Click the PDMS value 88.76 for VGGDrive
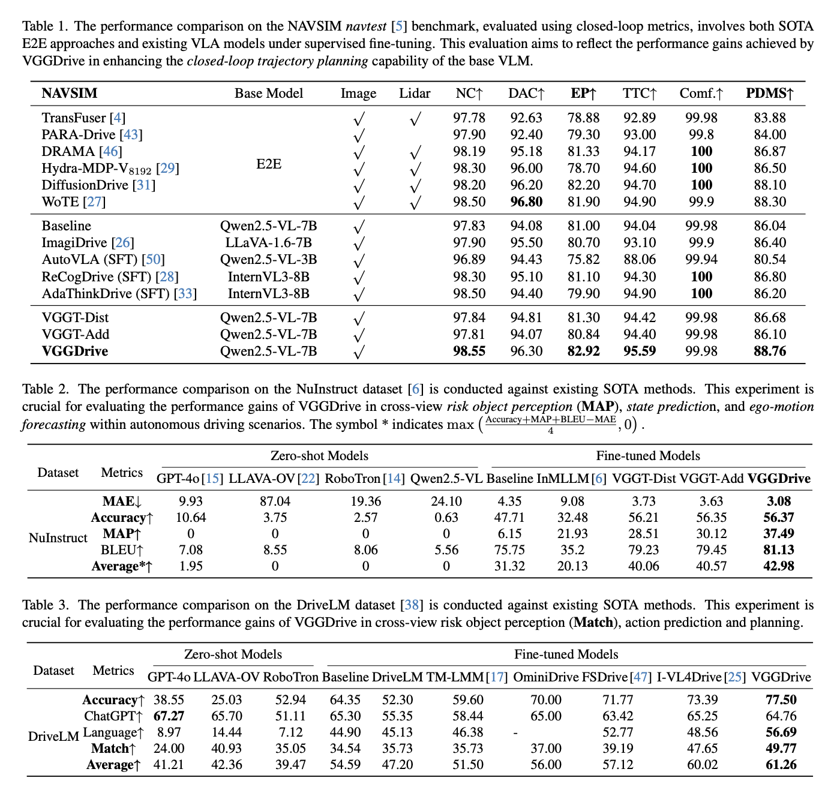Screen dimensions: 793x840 click(x=770, y=352)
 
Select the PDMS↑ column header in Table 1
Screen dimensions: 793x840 click(x=770, y=94)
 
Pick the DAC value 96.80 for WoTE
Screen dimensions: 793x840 click(x=526, y=202)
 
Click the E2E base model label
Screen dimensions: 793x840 click(x=268, y=164)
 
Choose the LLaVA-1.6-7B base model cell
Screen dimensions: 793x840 click(x=268, y=243)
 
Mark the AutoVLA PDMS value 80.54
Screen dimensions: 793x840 click(x=770, y=260)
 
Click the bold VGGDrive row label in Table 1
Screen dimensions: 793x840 click(x=75, y=352)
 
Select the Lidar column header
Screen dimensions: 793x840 click(x=415, y=94)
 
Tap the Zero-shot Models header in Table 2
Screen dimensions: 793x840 click(x=319, y=456)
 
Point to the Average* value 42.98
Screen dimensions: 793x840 click(x=779, y=566)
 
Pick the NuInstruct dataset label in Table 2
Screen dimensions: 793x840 click(x=58, y=537)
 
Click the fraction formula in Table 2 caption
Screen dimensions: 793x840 click(x=550, y=425)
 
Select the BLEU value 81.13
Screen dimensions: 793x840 click(x=779, y=550)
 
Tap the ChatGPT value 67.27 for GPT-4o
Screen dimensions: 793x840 click(x=169, y=716)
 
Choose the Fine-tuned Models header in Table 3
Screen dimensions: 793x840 click(x=566, y=654)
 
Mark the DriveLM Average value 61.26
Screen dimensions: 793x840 click(x=781, y=765)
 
